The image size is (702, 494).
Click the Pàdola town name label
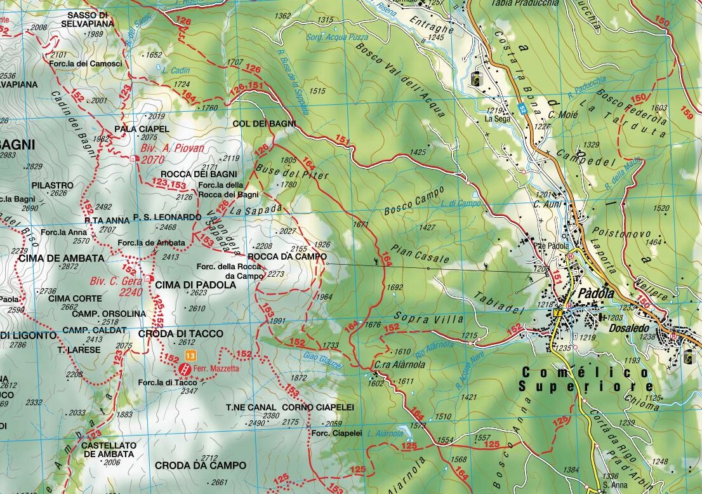point(595,294)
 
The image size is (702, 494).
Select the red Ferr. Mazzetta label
point(217,368)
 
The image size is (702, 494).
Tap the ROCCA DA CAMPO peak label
point(287,257)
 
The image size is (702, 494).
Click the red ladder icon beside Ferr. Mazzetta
point(185,369)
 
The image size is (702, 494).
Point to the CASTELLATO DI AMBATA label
point(109,450)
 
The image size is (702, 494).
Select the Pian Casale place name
point(420,255)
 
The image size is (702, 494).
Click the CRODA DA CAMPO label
point(200,465)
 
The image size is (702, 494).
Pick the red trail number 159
point(686,113)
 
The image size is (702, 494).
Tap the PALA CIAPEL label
point(133,128)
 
